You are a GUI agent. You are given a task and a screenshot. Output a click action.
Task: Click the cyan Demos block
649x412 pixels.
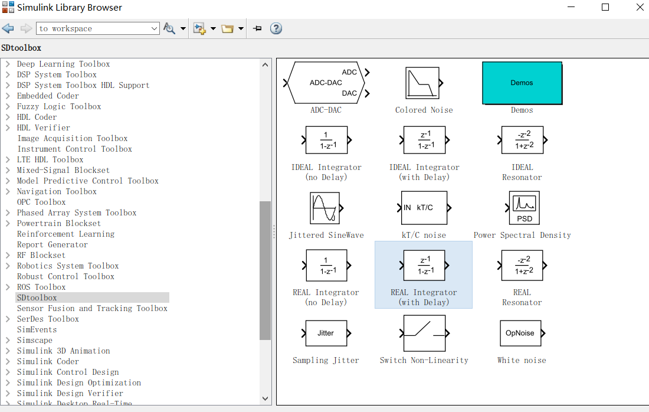tap(522, 83)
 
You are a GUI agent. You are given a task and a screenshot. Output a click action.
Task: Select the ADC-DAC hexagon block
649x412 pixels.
tap(326, 83)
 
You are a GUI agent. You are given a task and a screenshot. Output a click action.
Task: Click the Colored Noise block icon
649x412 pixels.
tap(422, 83)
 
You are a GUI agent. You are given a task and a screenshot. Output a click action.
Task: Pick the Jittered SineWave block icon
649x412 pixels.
tap(325, 208)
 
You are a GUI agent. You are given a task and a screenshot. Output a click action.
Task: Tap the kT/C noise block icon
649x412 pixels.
tap(424, 208)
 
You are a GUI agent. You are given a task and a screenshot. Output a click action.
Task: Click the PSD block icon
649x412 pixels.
tap(524, 208)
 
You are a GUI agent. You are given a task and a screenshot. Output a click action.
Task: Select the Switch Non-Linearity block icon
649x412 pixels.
tap(424, 333)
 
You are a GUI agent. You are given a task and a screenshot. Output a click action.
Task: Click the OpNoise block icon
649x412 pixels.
tap(520, 333)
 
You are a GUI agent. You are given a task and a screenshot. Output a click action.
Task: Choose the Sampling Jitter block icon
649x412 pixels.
tap(326, 333)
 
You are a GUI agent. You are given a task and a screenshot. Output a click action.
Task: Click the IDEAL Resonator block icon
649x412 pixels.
tap(522, 140)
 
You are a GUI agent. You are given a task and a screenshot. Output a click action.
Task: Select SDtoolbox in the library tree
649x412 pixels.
tap(37, 297)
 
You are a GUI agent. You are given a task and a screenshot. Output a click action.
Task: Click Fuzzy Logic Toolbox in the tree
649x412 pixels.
tap(59, 106)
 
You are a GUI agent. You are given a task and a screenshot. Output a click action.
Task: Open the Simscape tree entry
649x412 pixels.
tap(34, 340)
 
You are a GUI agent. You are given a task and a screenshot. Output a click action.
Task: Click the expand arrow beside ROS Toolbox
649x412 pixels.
tap(8, 287)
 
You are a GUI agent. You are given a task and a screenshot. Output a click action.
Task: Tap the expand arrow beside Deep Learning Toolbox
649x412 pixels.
tap(8, 64)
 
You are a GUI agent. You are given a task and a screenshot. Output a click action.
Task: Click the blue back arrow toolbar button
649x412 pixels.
tap(8, 28)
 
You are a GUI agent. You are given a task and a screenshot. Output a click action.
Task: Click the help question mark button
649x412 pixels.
tap(276, 28)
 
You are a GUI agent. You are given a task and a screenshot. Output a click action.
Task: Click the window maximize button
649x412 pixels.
tap(605, 7)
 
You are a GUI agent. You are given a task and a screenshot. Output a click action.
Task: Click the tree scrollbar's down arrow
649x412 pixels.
tap(265, 399)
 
